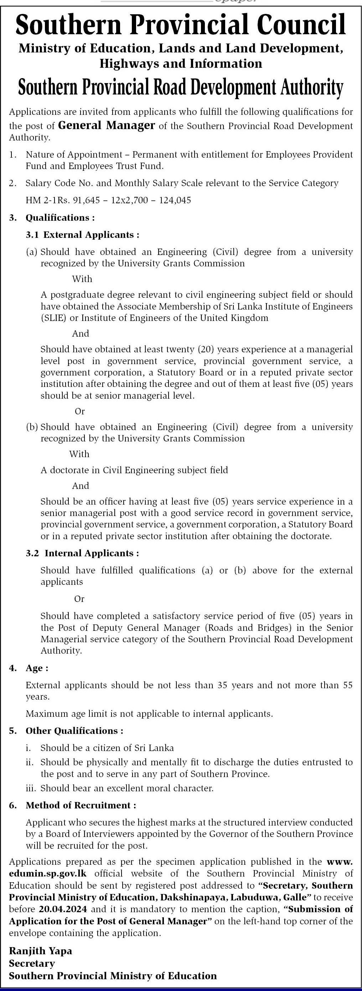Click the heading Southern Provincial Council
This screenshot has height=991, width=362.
point(181,25)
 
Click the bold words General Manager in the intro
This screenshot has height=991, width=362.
point(107,126)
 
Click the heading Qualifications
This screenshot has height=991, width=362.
point(60,218)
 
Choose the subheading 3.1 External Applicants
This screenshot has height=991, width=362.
point(82,235)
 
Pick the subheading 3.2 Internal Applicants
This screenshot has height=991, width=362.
point(82,553)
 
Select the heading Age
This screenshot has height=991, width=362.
point(36,668)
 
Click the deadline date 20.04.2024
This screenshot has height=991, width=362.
point(63,909)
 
